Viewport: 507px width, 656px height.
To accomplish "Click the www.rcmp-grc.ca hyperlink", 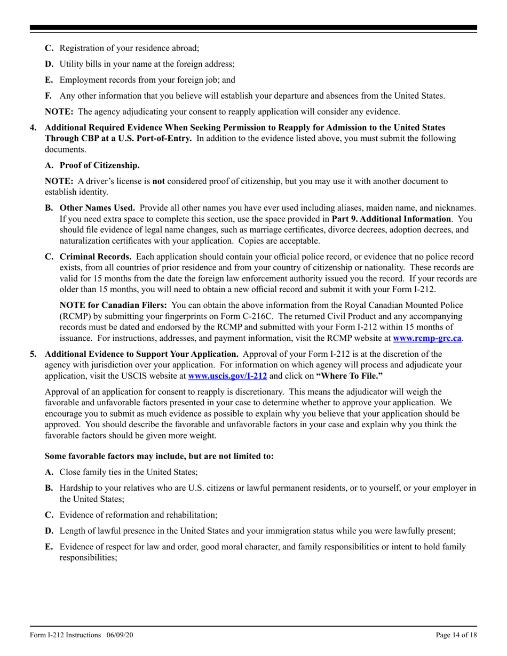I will click(x=427, y=338).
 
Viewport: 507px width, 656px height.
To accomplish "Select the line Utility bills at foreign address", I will click(x=147, y=64).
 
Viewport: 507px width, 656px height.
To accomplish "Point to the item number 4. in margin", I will click(x=33, y=127).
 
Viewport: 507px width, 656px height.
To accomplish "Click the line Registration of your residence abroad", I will click(x=129, y=48).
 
